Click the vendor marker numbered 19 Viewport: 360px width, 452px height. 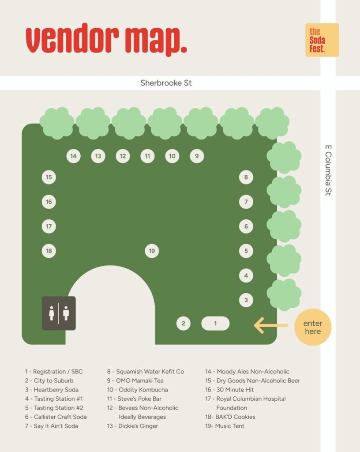click(152, 251)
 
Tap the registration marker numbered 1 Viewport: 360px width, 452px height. click(215, 324)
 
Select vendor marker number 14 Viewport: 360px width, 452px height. click(73, 156)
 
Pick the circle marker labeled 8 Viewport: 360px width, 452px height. click(246, 177)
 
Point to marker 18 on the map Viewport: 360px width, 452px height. click(49, 251)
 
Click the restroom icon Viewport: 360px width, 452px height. click(59, 313)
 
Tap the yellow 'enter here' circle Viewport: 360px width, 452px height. click(313, 327)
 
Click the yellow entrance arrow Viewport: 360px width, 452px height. click(271, 325)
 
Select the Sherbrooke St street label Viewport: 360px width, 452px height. click(166, 83)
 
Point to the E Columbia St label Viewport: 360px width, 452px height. click(328, 170)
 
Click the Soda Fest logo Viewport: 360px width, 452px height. click(322, 40)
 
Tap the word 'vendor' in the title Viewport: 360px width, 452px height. click(72, 38)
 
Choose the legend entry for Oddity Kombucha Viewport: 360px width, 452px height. click(137, 390)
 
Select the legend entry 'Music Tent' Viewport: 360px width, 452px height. click(225, 426)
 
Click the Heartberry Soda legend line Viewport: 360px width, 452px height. click(52, 390)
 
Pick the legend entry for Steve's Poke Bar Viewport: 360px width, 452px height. click(134, 399)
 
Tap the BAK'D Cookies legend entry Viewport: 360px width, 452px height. click(230, 417)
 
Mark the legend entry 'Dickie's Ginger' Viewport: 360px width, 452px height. click(132, 426)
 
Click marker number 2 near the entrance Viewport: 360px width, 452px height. click(184, 324)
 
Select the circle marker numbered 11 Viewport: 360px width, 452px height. click(147, 156)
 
